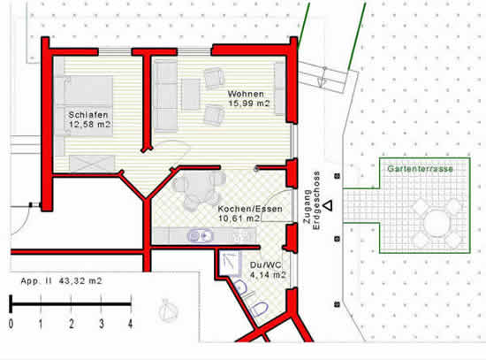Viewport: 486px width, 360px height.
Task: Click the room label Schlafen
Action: click(x=88, y=115)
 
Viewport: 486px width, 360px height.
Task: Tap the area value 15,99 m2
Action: click(x=249, y=103)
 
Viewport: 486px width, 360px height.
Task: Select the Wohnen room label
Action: click(x=246, y=94)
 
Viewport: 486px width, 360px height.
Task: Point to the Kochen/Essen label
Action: click(x=250, y=209)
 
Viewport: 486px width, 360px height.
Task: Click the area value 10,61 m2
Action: click(x=239, y=218)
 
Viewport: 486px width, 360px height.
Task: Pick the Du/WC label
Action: click(x=266, y=265)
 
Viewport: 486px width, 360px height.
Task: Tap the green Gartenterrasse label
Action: click(x=420, y=169)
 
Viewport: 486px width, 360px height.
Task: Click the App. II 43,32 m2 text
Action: click(x=61, y=281)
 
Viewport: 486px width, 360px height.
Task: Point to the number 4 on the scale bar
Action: click(x=130, y=324)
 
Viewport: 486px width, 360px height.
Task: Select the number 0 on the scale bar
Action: click(x=11, y=324)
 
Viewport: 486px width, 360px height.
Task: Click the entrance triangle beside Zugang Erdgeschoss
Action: click(x=328, y=205)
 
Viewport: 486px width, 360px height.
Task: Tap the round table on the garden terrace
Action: click(x=437, y=223)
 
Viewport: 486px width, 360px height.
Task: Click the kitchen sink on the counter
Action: click(x=201, y=236)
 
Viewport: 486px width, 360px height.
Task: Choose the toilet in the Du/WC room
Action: click(x=259, y=309)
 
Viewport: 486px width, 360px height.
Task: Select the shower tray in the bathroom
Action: click(x=230, y=264)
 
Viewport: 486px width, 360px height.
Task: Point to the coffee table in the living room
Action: click(x=191, y=94)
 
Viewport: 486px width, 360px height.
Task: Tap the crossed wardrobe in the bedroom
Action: click(x=92, y=164)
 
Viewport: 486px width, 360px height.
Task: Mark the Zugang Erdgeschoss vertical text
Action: click(x=312, y=201)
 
